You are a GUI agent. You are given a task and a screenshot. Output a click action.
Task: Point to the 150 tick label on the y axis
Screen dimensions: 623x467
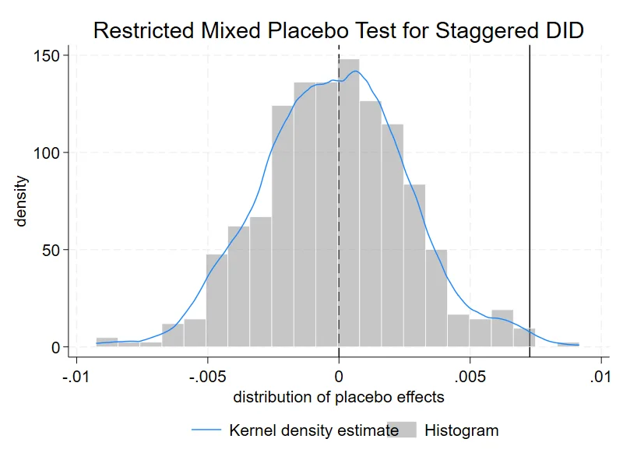46,56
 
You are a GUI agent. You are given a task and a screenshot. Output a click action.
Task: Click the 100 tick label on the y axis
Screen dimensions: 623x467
46,153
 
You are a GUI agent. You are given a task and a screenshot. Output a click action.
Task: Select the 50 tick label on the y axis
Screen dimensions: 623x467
51,250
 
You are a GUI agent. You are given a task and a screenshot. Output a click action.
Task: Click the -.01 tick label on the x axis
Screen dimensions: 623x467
76,376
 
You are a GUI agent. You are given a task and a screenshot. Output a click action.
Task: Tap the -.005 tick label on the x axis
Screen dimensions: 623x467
207,376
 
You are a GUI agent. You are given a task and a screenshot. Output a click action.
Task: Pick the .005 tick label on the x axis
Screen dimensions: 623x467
470,376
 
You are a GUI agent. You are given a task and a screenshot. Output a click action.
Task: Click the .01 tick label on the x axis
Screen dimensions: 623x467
600,376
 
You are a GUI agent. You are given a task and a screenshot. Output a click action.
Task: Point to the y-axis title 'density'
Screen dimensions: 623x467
20,202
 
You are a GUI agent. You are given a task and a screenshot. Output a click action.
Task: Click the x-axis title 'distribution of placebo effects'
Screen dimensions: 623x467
339,397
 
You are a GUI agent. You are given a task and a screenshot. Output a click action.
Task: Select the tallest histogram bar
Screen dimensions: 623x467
349,203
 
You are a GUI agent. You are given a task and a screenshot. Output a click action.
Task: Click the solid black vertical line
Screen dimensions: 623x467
530,202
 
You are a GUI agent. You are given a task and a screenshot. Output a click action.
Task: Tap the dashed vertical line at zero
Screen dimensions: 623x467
339,202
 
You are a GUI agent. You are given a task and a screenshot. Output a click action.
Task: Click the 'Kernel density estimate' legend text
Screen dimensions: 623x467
314,430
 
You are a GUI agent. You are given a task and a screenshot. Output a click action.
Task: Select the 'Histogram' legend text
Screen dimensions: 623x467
461,430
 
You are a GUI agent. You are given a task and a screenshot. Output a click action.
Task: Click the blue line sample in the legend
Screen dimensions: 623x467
206,430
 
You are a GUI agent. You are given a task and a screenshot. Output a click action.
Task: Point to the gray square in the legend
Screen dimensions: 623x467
402,430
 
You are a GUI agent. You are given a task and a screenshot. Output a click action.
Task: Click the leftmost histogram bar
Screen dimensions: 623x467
107,342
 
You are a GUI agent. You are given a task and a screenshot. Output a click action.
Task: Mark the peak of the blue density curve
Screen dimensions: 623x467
356,72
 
